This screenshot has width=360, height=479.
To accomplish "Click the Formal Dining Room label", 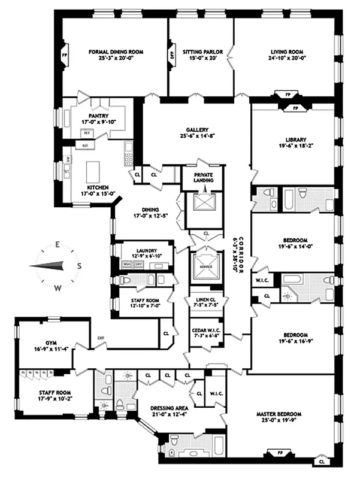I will (113, 52).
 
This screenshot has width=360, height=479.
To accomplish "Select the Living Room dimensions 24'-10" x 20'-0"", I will (285, 59).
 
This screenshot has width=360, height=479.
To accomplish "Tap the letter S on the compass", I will (78, 266).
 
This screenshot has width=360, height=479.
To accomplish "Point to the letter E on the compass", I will (58, 244).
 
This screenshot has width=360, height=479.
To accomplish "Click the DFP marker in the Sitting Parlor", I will (171, 54).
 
